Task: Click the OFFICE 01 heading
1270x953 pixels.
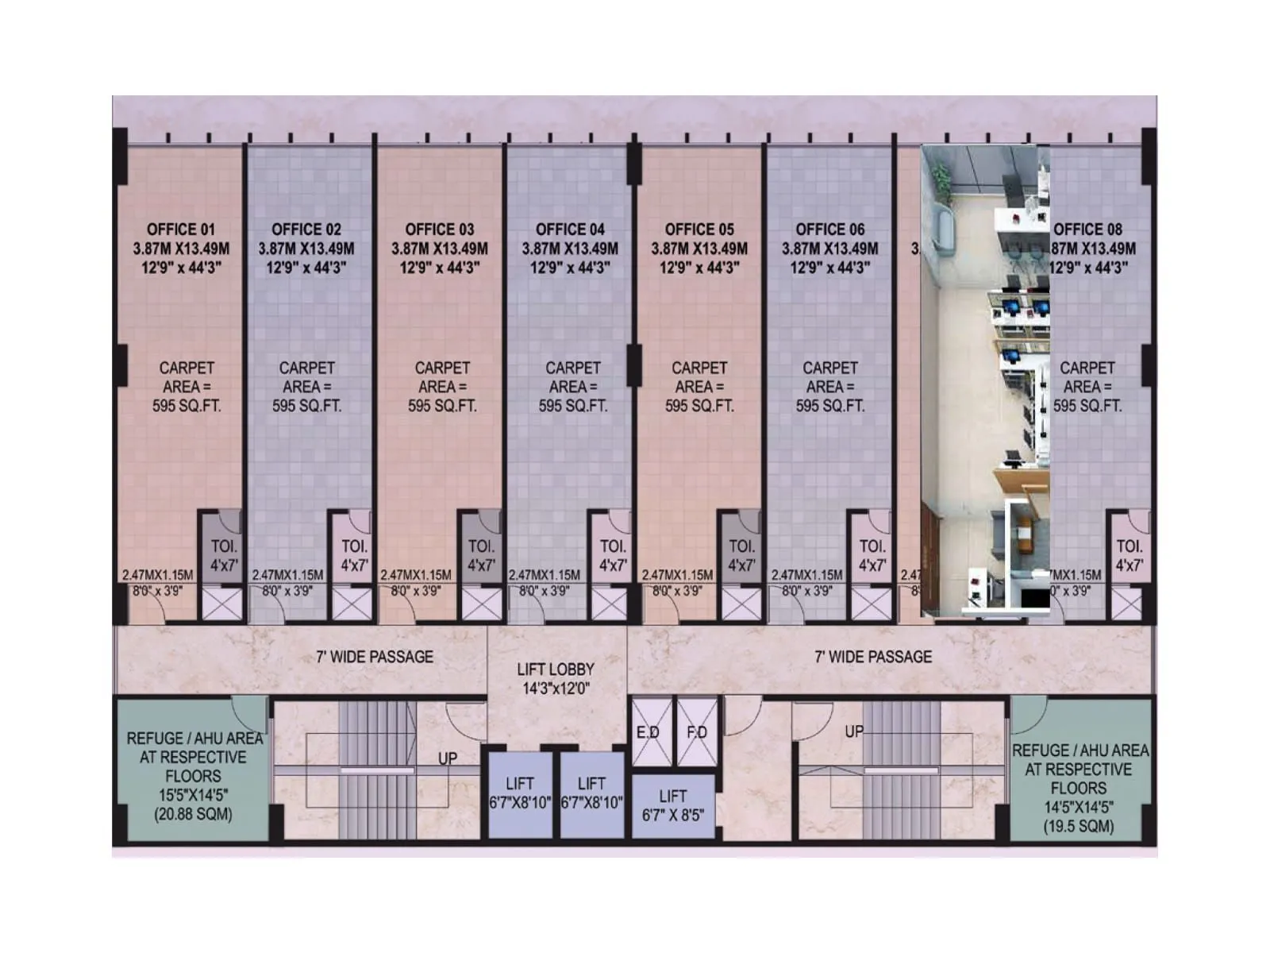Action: pos(180,230)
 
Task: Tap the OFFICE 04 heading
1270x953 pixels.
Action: pos(570,230)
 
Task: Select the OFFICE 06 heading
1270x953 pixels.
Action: pos(829,230)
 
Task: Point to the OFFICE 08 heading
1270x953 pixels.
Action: pos(1087,230)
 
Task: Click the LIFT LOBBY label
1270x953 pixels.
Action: pos(556,669)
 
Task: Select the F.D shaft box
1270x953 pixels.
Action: pos(697,731)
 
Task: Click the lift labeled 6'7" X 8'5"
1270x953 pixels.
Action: pos(673,805)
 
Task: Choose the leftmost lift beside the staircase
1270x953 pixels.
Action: pos(520,793)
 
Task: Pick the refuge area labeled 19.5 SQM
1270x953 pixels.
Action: pos(1079,788)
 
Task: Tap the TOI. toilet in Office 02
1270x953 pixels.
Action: pos(354,555)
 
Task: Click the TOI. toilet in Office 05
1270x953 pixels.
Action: pos(741,555)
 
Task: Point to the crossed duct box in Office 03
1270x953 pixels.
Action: pos(481,604)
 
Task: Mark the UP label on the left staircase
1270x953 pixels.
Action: pos(448,758)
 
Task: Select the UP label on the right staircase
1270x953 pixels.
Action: pos(854,731)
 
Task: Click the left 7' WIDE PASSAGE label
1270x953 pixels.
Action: pos(375,657)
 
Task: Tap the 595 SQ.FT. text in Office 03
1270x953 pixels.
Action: pos(442,406)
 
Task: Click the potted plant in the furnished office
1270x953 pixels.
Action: pos(941,176)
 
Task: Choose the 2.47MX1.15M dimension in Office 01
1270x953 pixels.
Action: pos(157,575)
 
